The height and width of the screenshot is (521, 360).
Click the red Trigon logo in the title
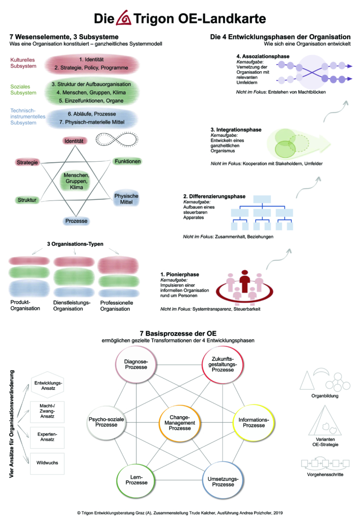[124, 18]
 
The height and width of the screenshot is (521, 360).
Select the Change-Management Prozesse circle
[180, 423]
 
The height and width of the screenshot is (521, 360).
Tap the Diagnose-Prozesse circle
[136, 364]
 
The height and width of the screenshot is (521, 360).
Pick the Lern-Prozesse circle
[136, 480]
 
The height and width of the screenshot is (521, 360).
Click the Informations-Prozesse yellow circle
[254, 423]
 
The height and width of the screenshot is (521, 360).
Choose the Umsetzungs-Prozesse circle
[223, 481]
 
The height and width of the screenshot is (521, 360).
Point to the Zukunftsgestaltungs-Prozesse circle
[223, 364]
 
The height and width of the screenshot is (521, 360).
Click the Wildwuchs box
[47, 463]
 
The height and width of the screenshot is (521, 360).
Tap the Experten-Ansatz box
[47, 437]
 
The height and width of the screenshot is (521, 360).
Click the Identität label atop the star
[74, 141]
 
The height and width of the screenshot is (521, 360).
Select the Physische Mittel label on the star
[126, 199]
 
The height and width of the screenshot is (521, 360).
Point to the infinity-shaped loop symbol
[117, 139]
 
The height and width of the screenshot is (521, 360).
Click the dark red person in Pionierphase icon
[245, 281]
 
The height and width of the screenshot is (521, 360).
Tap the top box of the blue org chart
[262, 199]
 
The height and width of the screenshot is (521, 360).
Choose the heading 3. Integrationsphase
[236, 130]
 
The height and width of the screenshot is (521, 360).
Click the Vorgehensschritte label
[325, 475]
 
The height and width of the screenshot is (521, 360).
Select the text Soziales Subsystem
[23, 90]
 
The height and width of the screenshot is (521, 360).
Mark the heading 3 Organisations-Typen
[75, 244]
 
